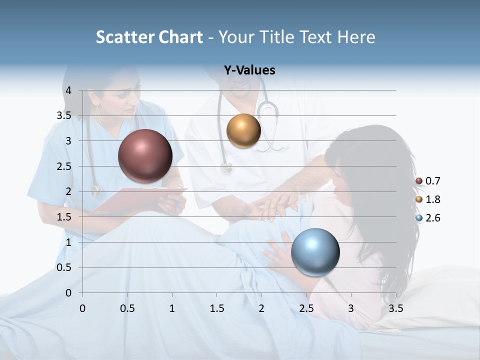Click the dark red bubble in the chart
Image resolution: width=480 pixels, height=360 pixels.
tap(145, 156)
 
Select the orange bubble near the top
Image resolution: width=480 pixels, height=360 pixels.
tap(243, 130)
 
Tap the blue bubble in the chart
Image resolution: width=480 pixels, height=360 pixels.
tap(315, 252)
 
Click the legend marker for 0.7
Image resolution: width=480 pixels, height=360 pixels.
tap(418, 181)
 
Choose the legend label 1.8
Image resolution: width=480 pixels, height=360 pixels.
tap(432, 199)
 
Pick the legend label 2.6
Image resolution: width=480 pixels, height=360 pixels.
tap(432, 218)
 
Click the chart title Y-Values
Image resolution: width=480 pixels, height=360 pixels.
tap(249, 70)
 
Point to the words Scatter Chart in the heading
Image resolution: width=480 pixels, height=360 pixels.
tap(149, 37)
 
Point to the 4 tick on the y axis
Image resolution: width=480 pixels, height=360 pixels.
tap(68, 90)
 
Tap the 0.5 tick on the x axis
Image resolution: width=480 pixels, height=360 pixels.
tap(127, 308)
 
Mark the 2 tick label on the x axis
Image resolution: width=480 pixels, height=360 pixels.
tap(261, 308)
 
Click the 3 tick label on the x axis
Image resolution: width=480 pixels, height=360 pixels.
tap(351, 308)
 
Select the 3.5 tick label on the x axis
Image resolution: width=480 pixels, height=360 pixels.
tap(395, 308)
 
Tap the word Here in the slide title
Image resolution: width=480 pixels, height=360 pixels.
tap(356, 37)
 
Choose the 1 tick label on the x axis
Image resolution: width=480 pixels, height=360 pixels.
tap(172, 308)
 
